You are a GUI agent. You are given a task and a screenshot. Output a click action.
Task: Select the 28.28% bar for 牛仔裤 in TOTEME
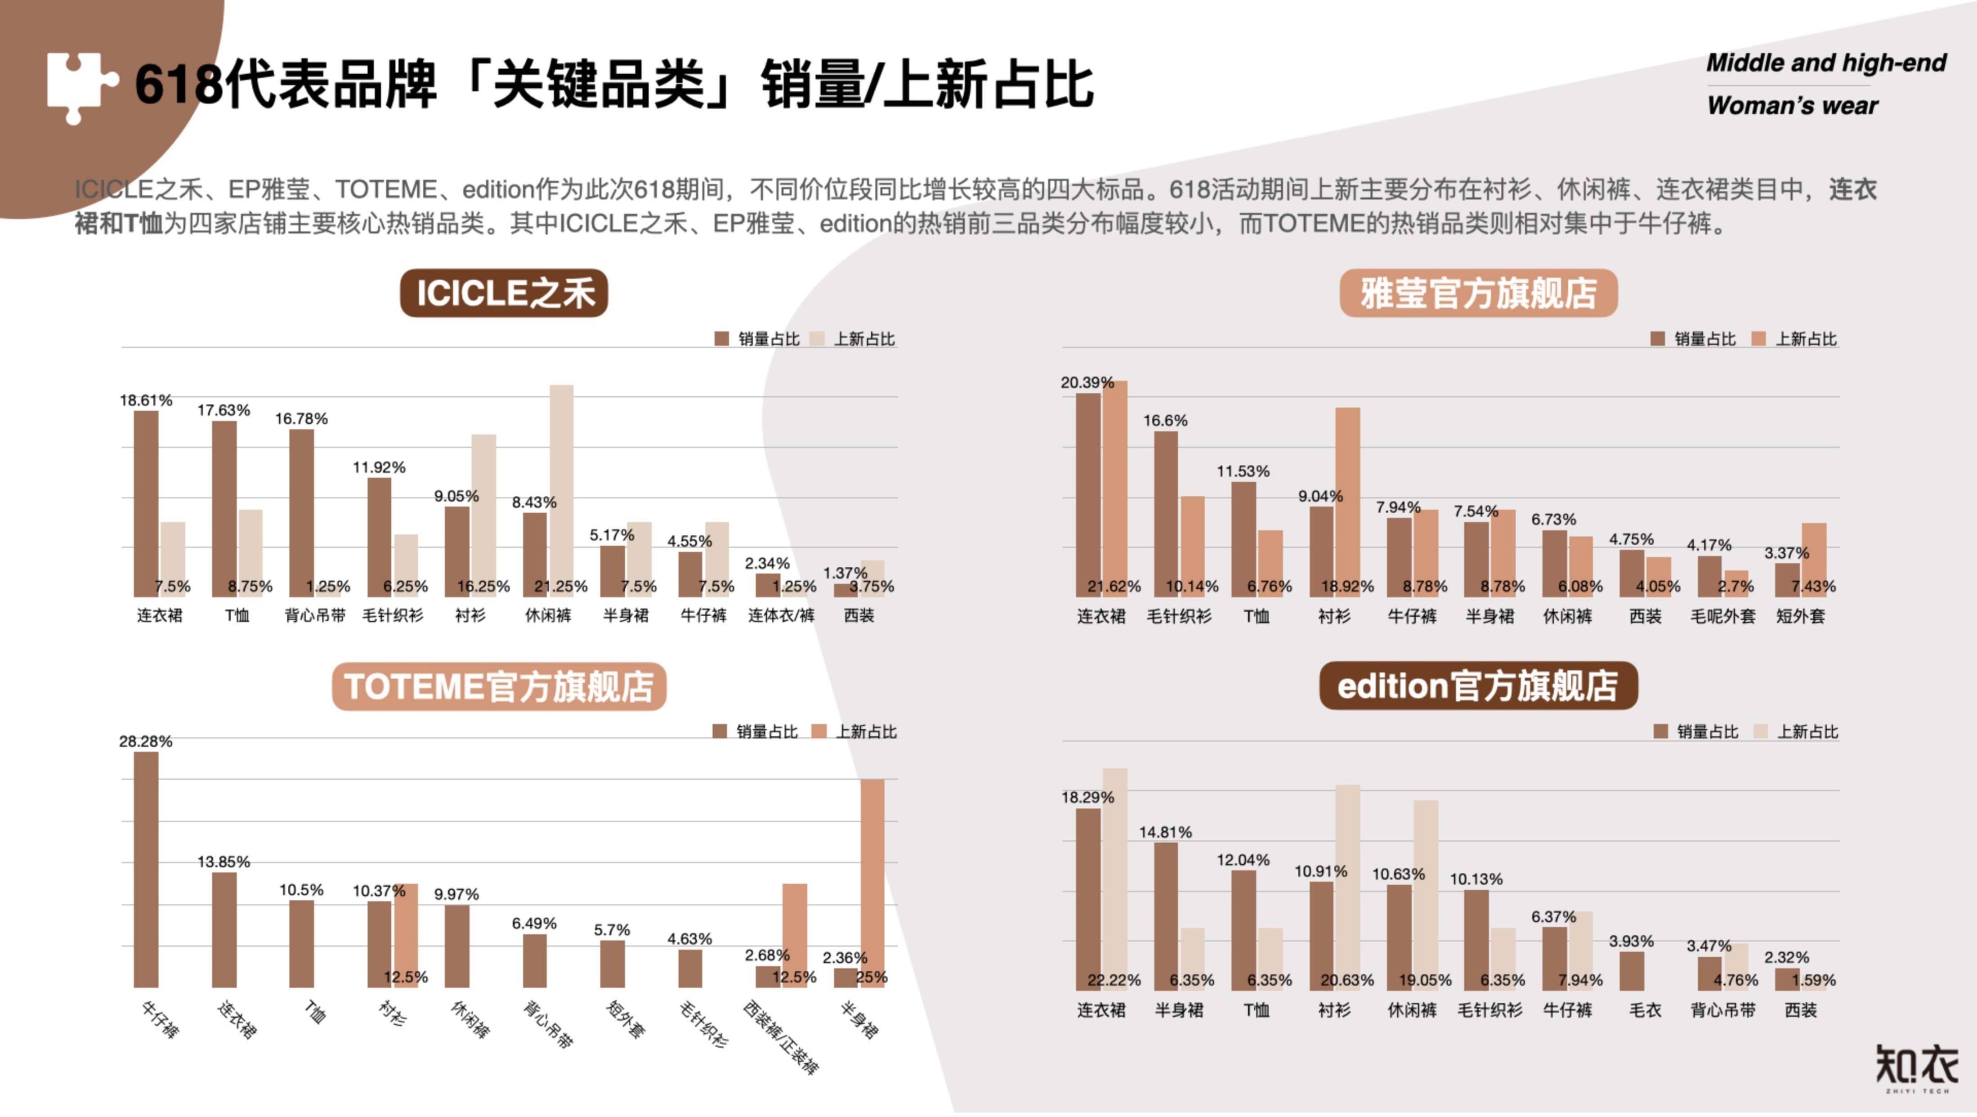(x=146, y=869)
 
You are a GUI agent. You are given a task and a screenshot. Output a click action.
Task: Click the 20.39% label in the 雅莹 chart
(x=1087, y=382)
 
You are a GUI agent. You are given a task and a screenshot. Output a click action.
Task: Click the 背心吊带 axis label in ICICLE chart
(x=315, y=616)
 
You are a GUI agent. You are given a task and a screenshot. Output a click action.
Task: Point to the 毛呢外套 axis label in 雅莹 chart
(x=1723, y=616)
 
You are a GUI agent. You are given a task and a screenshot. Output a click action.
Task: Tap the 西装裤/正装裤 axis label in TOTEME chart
(x=781, y=1036)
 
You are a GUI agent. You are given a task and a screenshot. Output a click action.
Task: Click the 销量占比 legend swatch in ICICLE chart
(x=721, y=339)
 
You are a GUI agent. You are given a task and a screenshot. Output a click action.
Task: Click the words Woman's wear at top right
(x=1792, y=105)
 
